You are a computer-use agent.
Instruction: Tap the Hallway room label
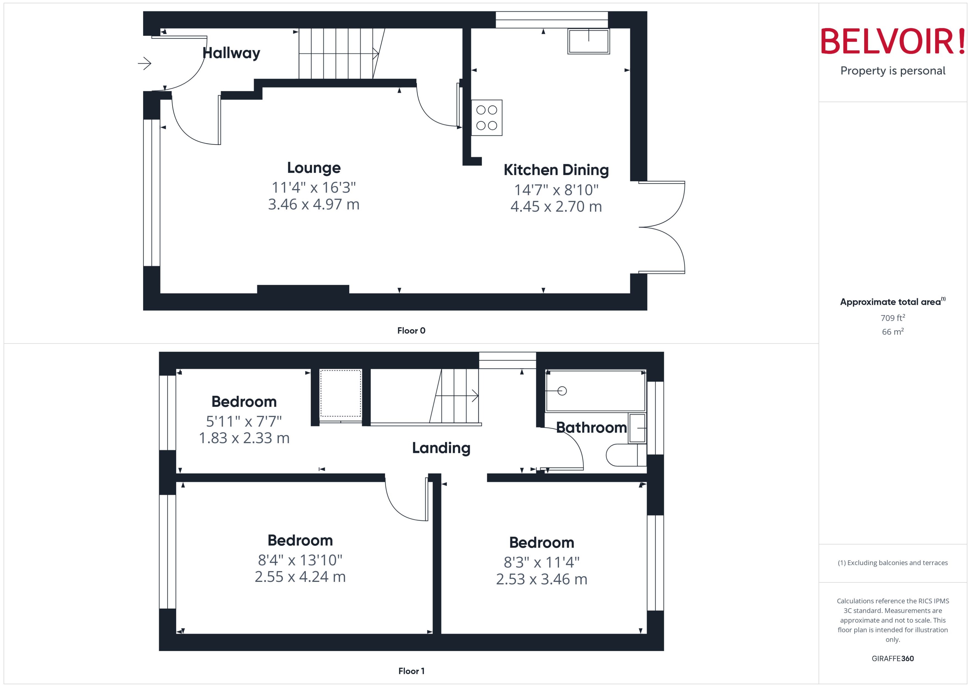point(231,53)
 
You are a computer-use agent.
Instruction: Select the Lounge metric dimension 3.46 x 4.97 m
point(313,204)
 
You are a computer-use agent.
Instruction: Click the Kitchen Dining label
point(556,170)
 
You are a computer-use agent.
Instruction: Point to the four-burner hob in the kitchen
point(487,118)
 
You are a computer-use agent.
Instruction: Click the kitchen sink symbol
point(588,41)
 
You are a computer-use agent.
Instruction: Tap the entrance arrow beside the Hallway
point(145,64)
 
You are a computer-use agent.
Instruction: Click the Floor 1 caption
point(411,671)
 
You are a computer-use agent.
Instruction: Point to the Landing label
point(441,448)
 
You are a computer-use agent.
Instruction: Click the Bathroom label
point(591,428)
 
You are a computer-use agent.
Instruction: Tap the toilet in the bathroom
point(625,455)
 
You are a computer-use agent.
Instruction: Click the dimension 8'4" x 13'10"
point(300,560)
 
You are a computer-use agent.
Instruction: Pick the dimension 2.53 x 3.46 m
point(542,579)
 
